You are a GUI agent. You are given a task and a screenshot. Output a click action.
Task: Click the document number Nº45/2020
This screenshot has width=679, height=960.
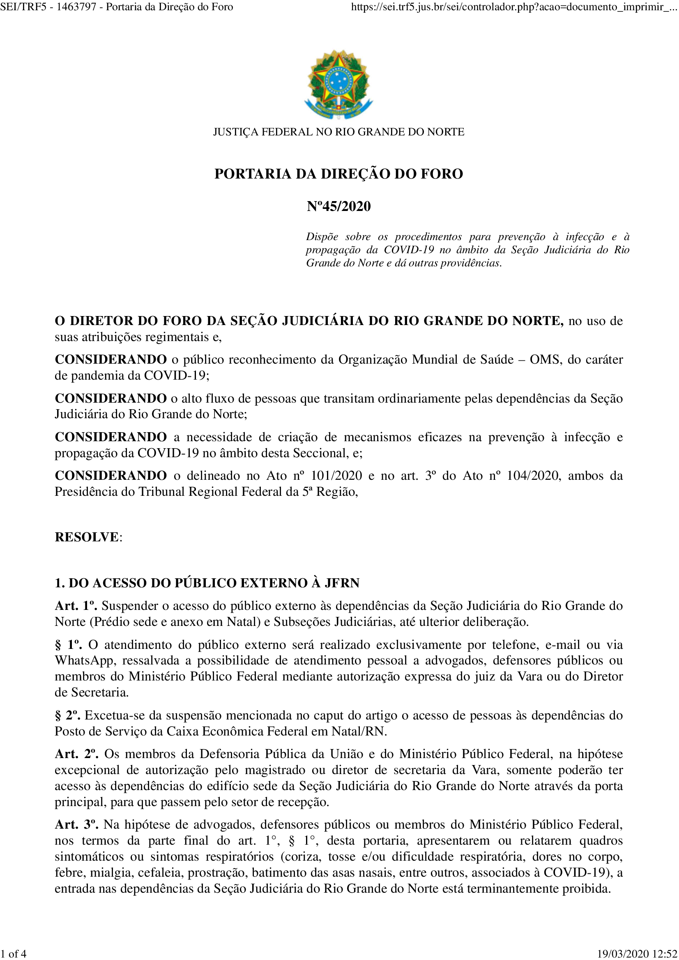click(339, 206)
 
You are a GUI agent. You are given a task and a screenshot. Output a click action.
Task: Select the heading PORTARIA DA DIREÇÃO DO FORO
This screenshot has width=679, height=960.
click(339, 174)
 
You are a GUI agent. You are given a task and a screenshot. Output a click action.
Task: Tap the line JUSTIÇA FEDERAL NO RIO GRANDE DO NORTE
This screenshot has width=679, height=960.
click(339, 132)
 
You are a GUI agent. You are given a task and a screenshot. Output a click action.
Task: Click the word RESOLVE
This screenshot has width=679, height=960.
click(87, 537)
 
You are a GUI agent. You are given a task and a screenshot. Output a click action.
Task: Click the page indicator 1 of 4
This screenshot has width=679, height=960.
click(14, 954)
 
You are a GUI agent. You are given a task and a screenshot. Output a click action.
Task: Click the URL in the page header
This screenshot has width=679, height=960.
click(514, 7)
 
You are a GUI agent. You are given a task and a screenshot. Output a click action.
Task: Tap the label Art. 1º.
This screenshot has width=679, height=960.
click(76, 606)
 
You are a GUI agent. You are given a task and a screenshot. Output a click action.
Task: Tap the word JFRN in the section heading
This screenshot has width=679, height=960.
click(342, 583)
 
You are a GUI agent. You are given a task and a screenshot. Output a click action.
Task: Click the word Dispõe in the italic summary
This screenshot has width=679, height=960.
click(322, 237)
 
